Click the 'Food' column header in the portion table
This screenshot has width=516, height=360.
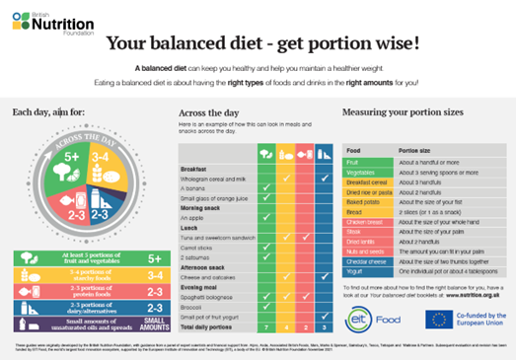(353, 150)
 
